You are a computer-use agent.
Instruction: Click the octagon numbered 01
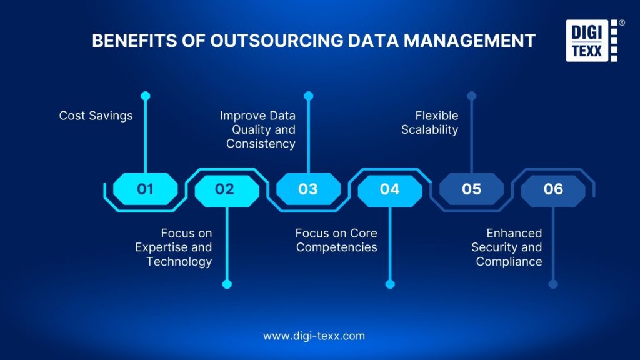coord(145,189)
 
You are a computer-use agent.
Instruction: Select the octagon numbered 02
coord(226,189)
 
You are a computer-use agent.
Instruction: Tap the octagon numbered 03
coord(308,189)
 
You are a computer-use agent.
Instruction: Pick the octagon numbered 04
coord(390,189)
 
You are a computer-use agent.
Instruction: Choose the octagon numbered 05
coord(472,189)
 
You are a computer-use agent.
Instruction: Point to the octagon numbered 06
coord(553,189)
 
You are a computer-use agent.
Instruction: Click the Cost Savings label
coord(96,116)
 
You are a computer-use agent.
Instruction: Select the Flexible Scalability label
coord(437,122)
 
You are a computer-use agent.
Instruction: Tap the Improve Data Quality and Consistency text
coord(257,129)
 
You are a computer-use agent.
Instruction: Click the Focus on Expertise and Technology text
coord(174,247)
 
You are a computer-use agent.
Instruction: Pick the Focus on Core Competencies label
coord(336,240)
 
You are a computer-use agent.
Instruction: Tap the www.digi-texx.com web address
coord(314,336)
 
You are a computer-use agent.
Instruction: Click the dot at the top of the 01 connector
coord(146,96)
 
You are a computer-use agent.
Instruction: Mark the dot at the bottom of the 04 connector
coord(390,284)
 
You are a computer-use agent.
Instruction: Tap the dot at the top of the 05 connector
coord(472,96)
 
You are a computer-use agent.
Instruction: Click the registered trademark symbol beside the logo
coord(621,22)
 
